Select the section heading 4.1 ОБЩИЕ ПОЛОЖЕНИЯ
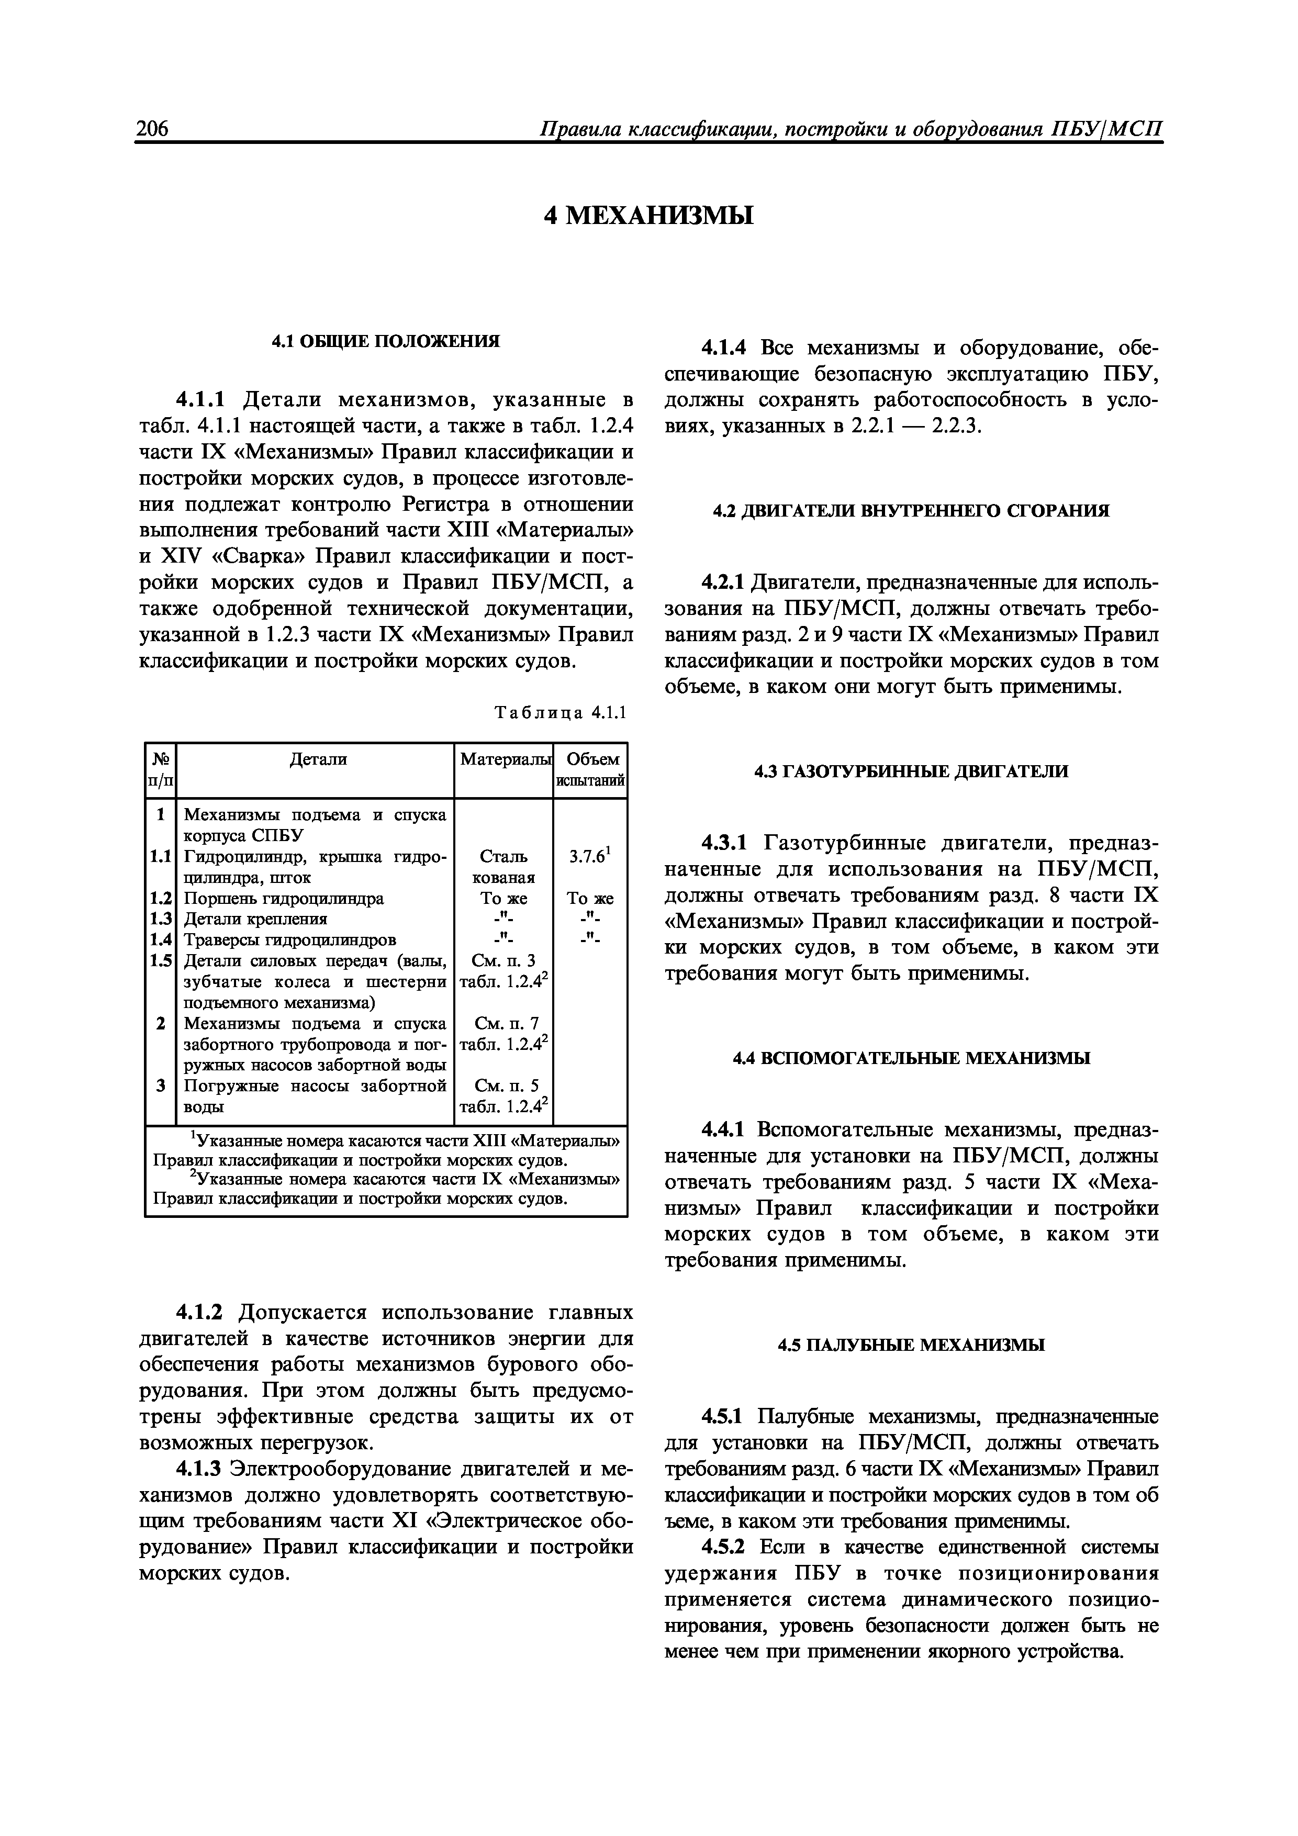386,341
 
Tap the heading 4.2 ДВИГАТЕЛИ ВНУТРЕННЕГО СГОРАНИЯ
911,511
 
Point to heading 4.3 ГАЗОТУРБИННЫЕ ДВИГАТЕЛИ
911,771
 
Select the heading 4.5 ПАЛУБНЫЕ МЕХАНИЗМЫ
911,1345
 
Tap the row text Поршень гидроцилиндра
284,898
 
